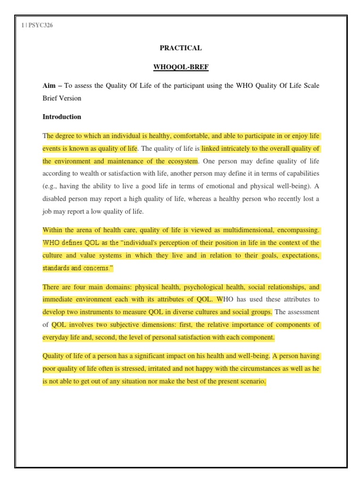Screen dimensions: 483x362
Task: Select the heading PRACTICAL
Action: pos(181,48)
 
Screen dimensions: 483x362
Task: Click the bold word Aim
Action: pos(49,85)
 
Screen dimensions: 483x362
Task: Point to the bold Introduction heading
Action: pos(62,117)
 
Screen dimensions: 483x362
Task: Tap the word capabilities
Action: pos(301,174)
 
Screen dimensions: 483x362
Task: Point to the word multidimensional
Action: pos(243,230)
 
